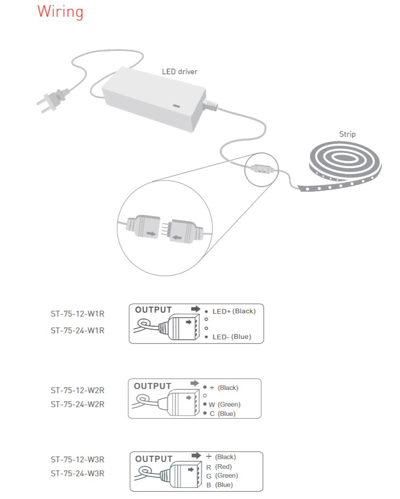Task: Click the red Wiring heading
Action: point(60,12)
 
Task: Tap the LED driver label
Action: point(180,71)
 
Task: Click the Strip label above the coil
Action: point(347,134)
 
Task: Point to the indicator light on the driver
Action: point(176,105)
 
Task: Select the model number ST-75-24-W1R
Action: point(77,331)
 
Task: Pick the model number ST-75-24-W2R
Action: point(77,404)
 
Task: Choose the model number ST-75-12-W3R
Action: point(77,460)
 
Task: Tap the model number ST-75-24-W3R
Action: point(77,474)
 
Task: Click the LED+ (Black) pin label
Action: point(234,311)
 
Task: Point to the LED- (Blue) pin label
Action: point(232,337)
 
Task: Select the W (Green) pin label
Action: point(225,404)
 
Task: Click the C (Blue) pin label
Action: point(222,414)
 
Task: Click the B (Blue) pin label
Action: point(219,485)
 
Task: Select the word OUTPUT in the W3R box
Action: point(154,459)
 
